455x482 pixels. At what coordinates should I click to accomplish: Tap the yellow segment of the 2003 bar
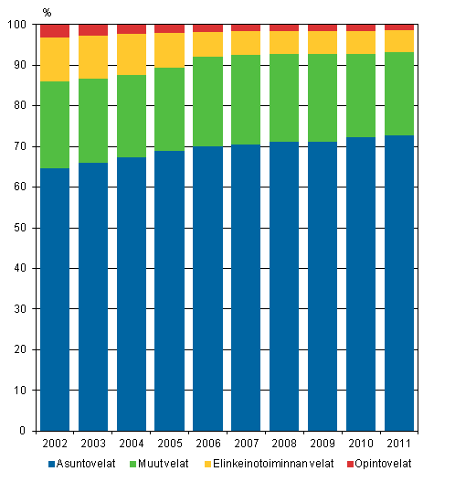click(x=93, y=57)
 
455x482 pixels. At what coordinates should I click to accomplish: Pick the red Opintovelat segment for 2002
click(x=55, y=31)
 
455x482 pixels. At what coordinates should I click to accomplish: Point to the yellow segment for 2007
click(x=246, y=43)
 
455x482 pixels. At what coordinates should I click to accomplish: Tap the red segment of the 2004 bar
click(x=132, y=29)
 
